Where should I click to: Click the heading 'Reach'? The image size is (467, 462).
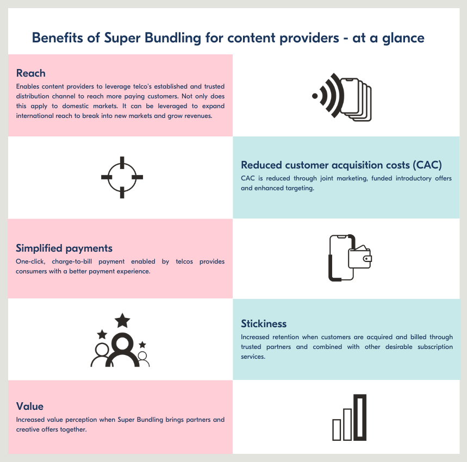(x=31, y=73)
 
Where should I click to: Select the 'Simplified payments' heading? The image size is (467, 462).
(x=64, y=248)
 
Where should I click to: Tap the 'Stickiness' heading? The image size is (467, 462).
(x=264, y=324)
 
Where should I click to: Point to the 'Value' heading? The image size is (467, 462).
(x=30, y=407)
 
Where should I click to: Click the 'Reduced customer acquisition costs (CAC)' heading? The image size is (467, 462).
(x=341, y=165)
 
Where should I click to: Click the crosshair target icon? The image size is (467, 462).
(x=122, y=177)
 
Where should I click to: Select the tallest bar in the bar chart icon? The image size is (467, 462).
(x=360, y=417)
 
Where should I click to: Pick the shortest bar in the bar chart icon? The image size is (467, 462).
(x=337, y=429)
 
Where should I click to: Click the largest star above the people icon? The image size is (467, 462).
(x=123, y=320)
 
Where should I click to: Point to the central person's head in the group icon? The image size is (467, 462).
(x=123, y=343)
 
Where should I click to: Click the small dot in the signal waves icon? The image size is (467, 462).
(x=314, y=96)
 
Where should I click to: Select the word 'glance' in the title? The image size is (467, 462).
(x=403, y=39)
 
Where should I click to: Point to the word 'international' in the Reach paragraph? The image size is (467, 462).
(x=35, y=116)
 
